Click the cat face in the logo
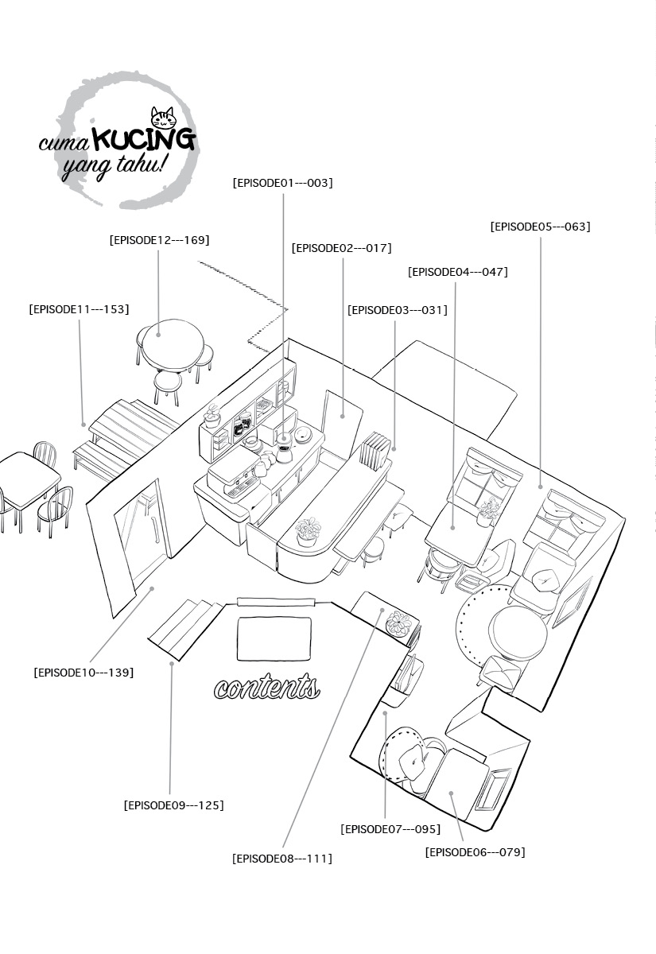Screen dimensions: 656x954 [163, 117]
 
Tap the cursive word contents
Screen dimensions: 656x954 [267, 687]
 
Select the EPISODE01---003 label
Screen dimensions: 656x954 [283, 183]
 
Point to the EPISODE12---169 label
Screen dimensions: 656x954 [159, 240]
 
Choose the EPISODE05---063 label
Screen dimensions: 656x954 [541, 227]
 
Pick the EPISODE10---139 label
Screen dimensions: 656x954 [83, 673]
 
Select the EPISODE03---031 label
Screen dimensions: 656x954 [398, 310]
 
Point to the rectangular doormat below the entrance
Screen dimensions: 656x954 [274, 638]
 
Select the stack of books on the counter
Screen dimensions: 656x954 [375, 451]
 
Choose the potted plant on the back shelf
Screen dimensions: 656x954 [212, 416]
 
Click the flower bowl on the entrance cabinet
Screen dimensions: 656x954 [399, 622]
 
